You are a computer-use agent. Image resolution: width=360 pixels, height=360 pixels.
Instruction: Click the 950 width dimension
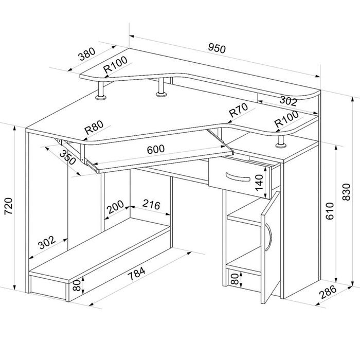217,48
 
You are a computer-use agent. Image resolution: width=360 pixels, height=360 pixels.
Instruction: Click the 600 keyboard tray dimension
155,149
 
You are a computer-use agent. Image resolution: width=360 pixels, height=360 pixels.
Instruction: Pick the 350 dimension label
68,158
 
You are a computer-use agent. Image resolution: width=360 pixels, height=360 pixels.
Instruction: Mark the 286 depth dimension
328,293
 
